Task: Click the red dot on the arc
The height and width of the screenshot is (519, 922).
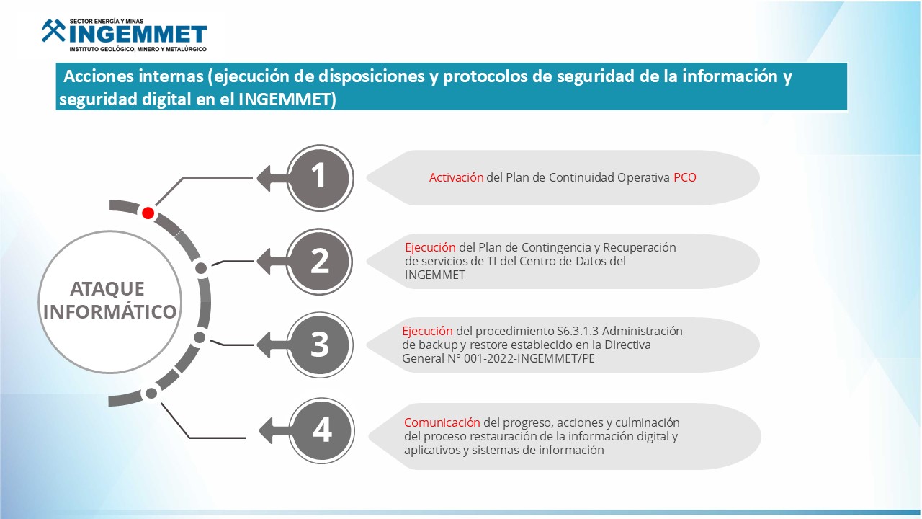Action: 148,213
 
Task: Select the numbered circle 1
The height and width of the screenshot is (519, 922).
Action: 320,178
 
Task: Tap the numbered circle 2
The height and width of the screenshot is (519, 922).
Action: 319,262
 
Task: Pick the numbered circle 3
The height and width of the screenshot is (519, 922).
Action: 320,345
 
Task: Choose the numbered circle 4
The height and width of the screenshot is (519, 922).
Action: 321,431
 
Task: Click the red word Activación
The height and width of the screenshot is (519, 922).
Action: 456,177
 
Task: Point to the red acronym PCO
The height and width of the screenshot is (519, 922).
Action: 685,177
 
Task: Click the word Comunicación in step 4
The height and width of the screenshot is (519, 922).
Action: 442,422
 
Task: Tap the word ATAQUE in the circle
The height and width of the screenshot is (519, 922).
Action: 107,289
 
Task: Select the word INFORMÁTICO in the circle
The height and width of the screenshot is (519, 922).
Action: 110,311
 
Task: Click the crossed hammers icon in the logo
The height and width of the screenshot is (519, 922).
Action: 53,30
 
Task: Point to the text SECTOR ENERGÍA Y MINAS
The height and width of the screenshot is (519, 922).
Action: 107,21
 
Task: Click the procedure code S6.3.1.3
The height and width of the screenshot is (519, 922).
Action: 578,331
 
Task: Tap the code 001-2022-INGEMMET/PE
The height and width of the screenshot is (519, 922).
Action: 529,358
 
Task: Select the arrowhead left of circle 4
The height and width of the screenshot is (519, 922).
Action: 266,431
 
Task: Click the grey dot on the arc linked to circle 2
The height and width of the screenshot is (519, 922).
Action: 201,268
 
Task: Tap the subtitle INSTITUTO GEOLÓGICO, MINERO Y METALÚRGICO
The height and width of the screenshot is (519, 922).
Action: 138,50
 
